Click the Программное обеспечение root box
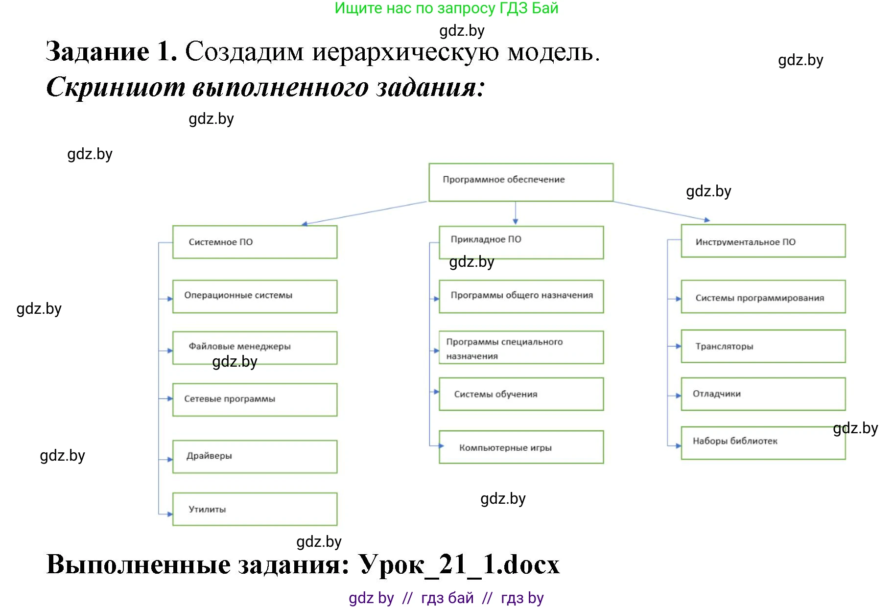click(521, 182)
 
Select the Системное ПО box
click(255, 242)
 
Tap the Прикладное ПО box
click(521, 242)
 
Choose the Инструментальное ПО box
click(763, 241)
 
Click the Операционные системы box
click(255, 296)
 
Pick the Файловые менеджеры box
click(255, 348)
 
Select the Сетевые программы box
click(255, 399)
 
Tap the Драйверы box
click(255, 456)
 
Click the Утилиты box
click(255, 509)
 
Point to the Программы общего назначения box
click(521, 296)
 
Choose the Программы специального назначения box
click(521, 348)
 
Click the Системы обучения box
click(521, 394)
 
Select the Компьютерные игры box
click(521, 447)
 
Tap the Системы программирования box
click(763, 297)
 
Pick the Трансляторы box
click(763, 346)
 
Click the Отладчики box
click(763, 394)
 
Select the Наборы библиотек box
click(763, 443)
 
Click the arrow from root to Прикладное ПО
click(515, 213)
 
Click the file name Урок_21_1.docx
click(459, 565)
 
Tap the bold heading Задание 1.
click(112, 52)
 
